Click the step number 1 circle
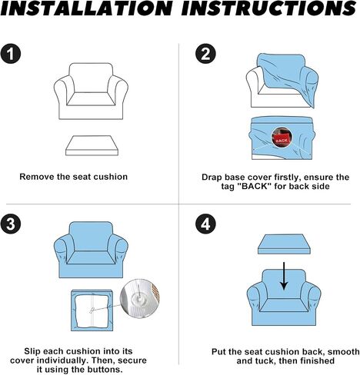click(10, 54)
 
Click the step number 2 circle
click(205, 54)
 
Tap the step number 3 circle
click(10, 224)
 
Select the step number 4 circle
click(205, 224)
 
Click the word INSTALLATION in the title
click(87, 8)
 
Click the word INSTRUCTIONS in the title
click(268, 8)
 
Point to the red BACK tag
click(282, 140)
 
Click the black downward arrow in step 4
click(284, 276)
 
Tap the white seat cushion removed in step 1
click(92, 145)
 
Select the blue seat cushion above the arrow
click(284, 244)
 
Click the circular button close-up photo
click(140, 298)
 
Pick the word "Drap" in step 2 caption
click(212, 178)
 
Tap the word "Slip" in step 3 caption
click(32, 351)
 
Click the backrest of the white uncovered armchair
click(91, 78)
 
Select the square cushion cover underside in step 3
click(92, 310)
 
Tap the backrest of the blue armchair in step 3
click(91, 236)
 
